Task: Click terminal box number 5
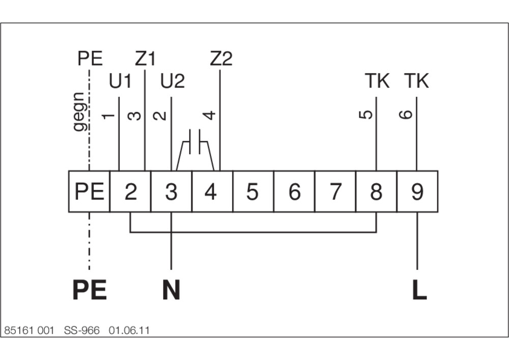click(253, 191)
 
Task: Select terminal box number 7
click(335, 191)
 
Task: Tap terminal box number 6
click(294, 191)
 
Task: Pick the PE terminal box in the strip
click(89, 191)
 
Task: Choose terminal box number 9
click(417, 191)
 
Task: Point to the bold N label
click(171, 290)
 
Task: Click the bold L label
click(419, 290)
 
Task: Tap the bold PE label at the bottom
click(90, 290)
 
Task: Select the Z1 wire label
click(146, 59)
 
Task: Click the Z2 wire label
click(221, 59)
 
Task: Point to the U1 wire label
click(120, 81)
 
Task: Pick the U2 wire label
click(173, 81)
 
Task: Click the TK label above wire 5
click(377, 81)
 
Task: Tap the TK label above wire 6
click(416, 81)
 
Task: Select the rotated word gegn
click(79, 112)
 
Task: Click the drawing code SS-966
click(82, 330)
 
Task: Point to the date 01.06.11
click(129, 330)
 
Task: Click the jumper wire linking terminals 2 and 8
click(253, 232)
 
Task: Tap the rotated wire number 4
click(210, 115)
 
